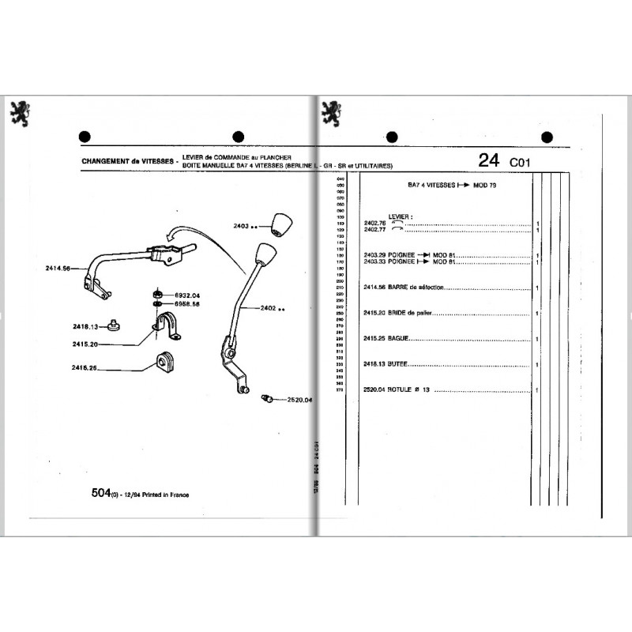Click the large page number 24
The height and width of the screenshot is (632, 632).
point(489,160)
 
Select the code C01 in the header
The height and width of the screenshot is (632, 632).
point(521,162)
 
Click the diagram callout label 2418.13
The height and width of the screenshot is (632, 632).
point(82,327)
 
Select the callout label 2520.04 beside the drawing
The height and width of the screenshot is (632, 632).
point(299,400)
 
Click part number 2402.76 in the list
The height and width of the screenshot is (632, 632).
point(374,224)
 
